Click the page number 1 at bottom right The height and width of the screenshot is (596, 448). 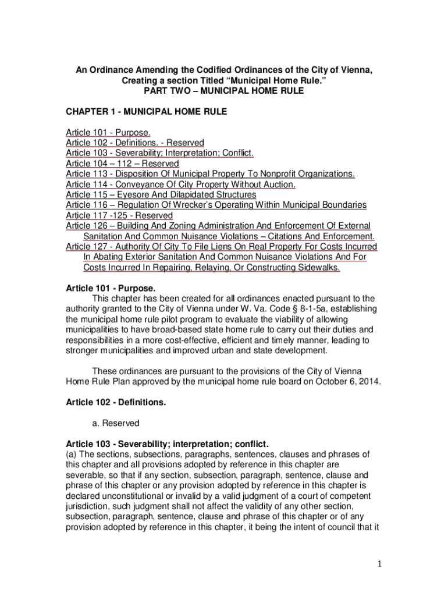pos(378,564)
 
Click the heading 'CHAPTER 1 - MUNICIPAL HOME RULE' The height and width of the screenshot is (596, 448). pos(146,111)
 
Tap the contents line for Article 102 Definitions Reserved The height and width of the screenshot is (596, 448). pos(135,143)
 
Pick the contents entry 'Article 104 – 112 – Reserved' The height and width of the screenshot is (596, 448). pos(122,164)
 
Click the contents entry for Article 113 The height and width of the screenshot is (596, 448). pos(210,174)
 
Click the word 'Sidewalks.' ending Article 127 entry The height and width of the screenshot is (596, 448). pos(319,268)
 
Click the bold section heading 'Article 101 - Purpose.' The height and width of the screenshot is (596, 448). pos(111,288)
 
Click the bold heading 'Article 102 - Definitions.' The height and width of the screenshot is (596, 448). pos(116,402)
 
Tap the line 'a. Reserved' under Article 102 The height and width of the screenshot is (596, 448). pos(116,423)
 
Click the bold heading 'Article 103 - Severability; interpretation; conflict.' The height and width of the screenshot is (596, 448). pos(168,444)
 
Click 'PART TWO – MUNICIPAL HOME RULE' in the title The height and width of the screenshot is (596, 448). pos(224,91)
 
